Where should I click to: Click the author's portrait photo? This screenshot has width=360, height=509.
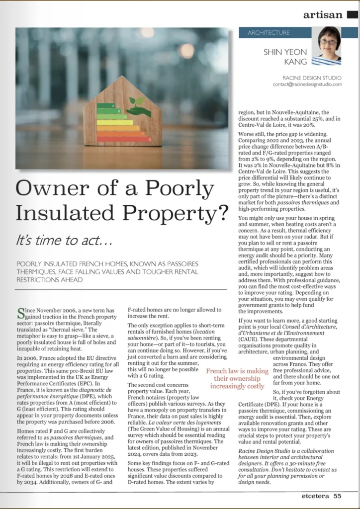329,46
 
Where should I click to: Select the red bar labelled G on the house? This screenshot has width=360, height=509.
124,139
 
